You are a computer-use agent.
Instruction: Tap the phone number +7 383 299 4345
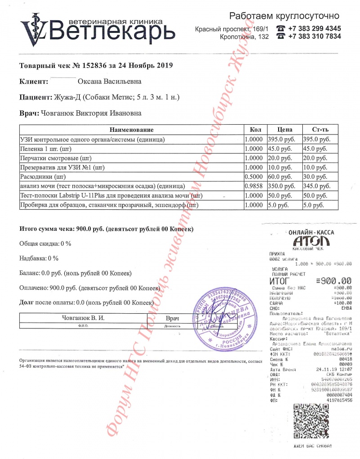(x=314, y=28)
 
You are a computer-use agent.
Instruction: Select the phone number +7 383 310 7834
(x=314, y=37)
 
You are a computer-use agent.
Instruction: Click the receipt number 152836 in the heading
(x=93, y=66)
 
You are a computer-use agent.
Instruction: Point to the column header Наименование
(x=131, y=130)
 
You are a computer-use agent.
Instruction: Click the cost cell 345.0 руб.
(x=315, y=186)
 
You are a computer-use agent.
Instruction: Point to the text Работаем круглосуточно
(x=284, y=16)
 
